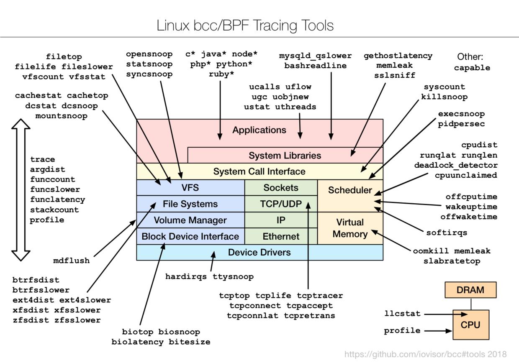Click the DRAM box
(470, 290)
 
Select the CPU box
(470, 325)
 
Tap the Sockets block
(281, 188)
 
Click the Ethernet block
(281, 236)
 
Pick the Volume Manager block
(190, 220)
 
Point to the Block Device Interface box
(190, 236)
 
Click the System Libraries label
(285, 156)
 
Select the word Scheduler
(350, 190)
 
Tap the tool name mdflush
(71, 261)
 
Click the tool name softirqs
(447, 233)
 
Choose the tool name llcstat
(402, 313)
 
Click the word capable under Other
(472, 68)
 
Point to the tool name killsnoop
(444, 97)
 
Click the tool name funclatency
(57, 199)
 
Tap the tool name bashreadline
(316, 66)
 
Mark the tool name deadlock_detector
(456, 165)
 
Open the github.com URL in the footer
(425, 355)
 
